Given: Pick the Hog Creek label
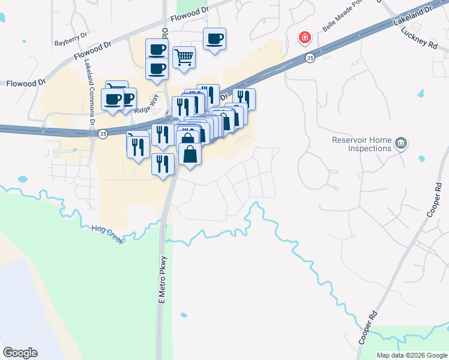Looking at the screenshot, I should pyautogui.click(x=107, y=230).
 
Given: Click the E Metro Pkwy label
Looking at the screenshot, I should pyautogui.click(x=161, y=280).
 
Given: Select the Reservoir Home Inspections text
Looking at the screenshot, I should pyautogui.click(x=361, y=144).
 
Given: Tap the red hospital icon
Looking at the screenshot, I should pyautogui.click(x=305, y=38).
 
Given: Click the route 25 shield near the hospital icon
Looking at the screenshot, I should pyautogui.click(x=309, y=58).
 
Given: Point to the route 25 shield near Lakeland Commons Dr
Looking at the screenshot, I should pyautogui.click(x=103, y=133).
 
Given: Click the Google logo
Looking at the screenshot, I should pyautogui.click(x=20, y=353).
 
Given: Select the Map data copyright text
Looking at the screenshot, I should pyautogui.click(x=412, y=355).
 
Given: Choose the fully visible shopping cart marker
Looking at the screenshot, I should pyautogui.click(x=184, y=58).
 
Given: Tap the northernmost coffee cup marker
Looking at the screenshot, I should pyautogui.click(x=214, y=39).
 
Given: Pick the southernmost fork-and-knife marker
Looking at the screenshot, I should pyautogui.click(x=163, y=164).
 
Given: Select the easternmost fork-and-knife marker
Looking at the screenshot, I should pyautogui.click(x=244, y=98).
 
